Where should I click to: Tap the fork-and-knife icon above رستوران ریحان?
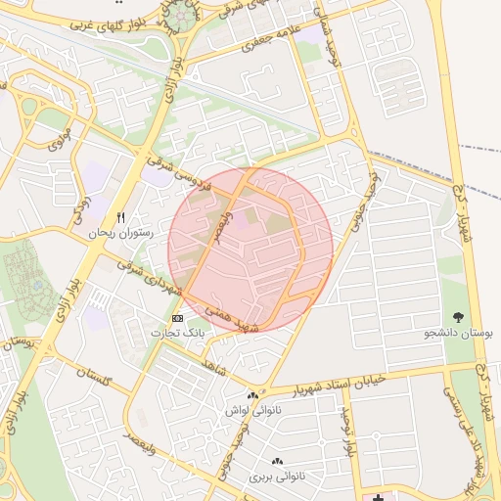[x=121, y=217]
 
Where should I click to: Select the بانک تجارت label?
[x=177, y=334]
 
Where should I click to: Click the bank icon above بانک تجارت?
[x=177, y=319]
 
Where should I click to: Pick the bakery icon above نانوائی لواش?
[x=252, y=394]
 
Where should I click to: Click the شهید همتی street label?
[x=232, y=319]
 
